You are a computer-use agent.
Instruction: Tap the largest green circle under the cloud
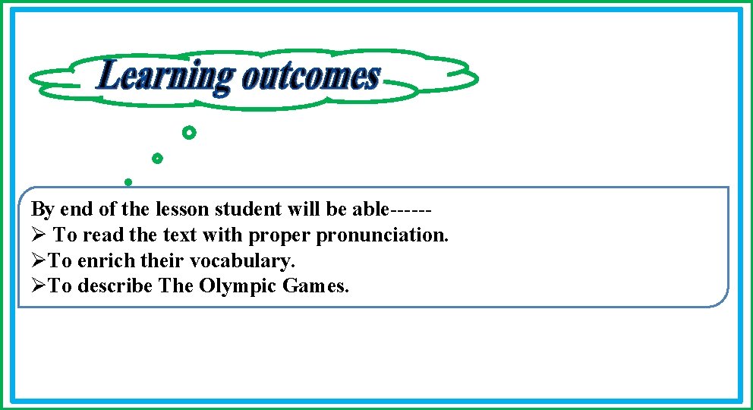(189, 134)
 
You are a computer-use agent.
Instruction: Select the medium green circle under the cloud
(157, 159)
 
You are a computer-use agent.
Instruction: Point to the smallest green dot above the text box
(128, 182)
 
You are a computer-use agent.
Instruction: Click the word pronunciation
(383, 235)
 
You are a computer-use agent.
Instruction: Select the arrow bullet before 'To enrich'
(39, 261)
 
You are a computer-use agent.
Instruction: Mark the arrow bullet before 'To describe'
(39, 287)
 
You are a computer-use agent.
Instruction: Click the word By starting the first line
(43, 210)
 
